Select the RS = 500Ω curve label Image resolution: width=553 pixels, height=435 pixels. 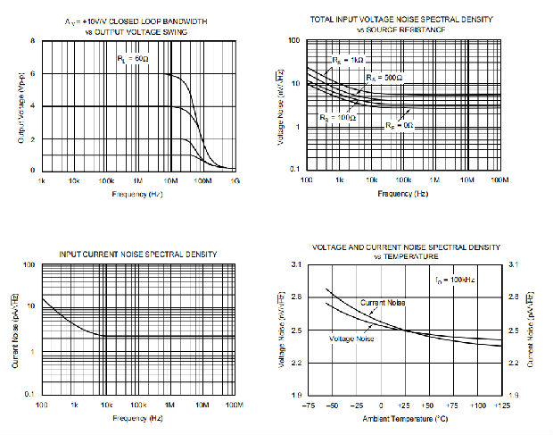coord(384,78)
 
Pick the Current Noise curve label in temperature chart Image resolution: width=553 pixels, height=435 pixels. coord(384,304)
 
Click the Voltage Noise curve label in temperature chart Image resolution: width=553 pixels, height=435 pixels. coord(351,339)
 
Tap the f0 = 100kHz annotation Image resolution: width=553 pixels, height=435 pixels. coord(459,280)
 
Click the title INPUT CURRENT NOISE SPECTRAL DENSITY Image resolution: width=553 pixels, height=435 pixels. coord(137,255)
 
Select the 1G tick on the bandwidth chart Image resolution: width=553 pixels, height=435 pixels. coord(235,181)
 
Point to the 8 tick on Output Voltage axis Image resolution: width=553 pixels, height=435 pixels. coord(34,41)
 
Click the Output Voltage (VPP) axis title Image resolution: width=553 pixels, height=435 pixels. coord(21,105)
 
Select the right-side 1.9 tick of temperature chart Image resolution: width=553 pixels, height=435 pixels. coord(513,394)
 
